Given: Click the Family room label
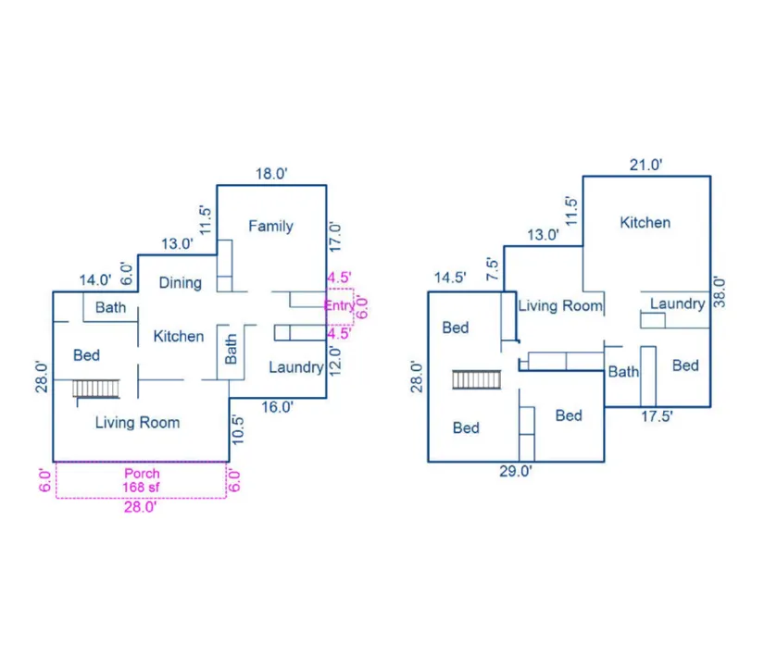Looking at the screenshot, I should [270, 226].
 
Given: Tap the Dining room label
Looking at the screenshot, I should [180, 282].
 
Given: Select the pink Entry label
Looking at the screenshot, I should [339, 305].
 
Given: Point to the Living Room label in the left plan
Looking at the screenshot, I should [138, 423].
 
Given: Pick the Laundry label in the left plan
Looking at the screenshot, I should [295, 367].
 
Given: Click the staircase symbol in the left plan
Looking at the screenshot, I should [96, 388].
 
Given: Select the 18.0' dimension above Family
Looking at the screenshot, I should [273, 173].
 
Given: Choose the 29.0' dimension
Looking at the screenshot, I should [516, 471].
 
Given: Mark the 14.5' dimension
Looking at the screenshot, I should [450, 277].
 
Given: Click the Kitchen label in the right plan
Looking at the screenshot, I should [645, 222].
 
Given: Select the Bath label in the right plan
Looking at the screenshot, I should [623, 372].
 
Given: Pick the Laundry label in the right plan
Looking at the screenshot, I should [677, 303].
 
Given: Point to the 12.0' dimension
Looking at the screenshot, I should [335, 358].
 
